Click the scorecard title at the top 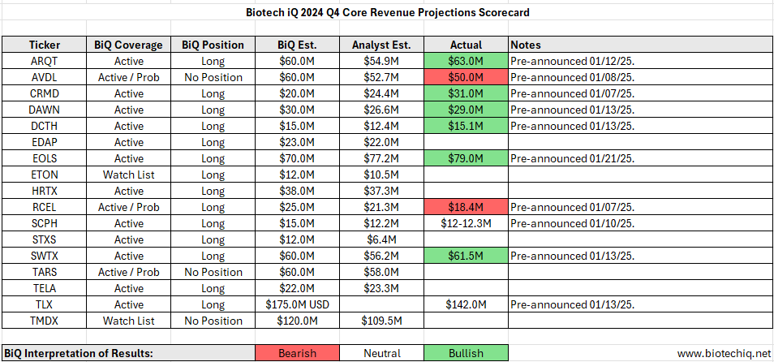(387, 13)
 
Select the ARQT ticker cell (44, 61)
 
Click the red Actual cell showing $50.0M (466, 77)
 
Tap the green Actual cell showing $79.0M (466, 158)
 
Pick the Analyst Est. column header (381, 45)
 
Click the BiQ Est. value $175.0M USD (296, 304)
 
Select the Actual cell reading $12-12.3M (466, 223)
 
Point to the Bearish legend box (296, 353)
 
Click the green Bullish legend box (466, 353)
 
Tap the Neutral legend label (381, 353)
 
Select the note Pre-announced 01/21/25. (571, 158)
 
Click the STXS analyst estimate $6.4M (381, 239)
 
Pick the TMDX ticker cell (44, 321)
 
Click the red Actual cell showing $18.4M (466, 207)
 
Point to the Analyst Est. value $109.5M (381, 321)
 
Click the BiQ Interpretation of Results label (80, 353)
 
